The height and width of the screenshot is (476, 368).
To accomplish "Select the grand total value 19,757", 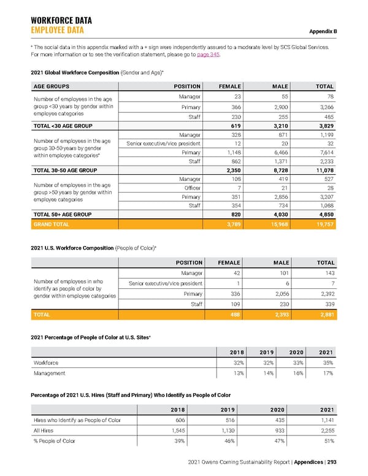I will coord(323,225).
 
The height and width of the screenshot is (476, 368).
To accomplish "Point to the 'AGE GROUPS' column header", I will coord(52,86).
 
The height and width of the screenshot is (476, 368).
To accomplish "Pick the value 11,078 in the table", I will coord(322,170).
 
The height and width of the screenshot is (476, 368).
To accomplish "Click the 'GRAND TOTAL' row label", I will coord(52,225).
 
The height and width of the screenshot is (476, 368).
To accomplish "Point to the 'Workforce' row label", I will coord(47,363).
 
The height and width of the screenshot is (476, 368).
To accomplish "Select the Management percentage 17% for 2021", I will coord(328,372).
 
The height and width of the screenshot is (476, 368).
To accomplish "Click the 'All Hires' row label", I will coord(44,430).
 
